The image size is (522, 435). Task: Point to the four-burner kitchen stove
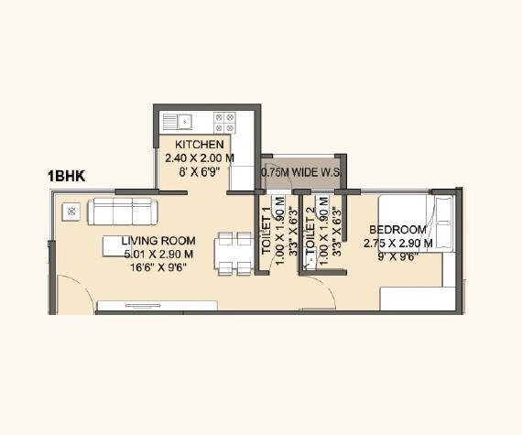tap(224, 120)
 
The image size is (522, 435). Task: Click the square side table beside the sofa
tap(71, 212)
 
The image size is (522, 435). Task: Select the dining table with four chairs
tap(231, 254)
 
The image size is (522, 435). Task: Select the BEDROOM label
tap(397, 230)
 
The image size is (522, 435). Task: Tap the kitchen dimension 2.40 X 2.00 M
tap(199, 158)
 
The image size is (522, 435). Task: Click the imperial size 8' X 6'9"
tap(199, 170)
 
